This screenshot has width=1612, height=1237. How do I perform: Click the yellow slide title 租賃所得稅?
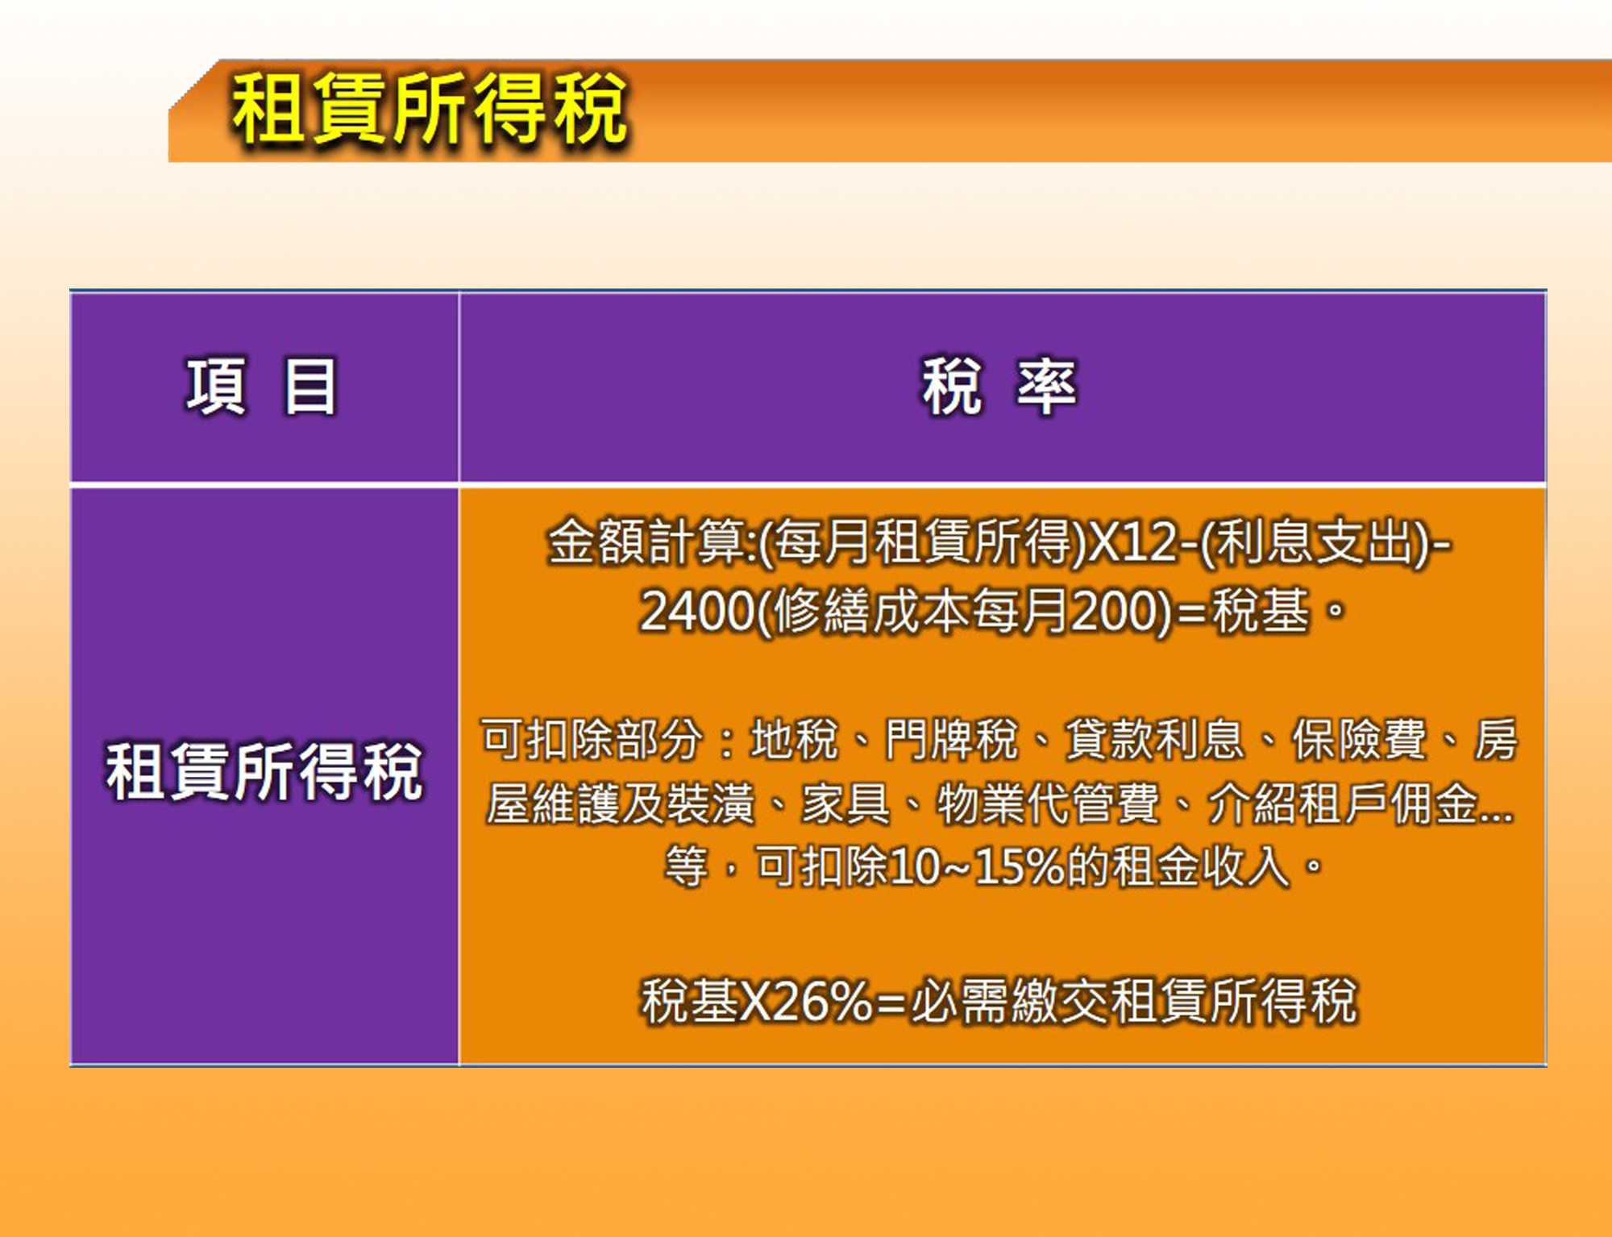pyautogui.click(x=429, y=108)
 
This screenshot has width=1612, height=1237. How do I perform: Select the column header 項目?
pyautogui.click(x=261, y=387)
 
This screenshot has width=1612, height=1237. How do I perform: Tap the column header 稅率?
pyautogui.click(x=999, y=387)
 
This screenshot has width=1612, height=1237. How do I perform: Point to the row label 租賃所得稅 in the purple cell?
pyautogui.click(x=264, y=771)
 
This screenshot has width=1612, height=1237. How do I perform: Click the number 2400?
pyautogui.click(x=696, y=612)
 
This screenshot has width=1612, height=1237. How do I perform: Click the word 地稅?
pyautogui.click(x=794, y=739)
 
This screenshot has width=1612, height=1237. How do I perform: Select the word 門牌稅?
pyautogui.click(x=952, y=739)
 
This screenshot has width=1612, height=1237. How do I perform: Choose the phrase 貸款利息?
pyautogui.click(x=1155, y=739)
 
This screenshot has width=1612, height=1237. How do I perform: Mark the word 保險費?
pyautogui.click(x=1360, y=739)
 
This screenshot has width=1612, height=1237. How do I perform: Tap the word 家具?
pyautogui.click(x=845, y=803)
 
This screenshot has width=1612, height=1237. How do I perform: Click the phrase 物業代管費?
pyautogui.click(x=1048, y=803)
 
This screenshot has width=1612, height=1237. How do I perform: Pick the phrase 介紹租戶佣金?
pyautogui.click(x=1342, y=803)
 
